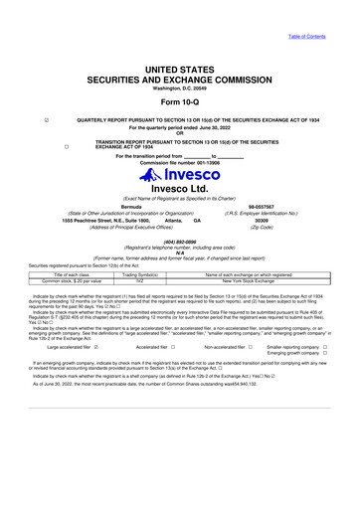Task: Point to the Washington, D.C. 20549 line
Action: pyautogui.click(x=179, y=87)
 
